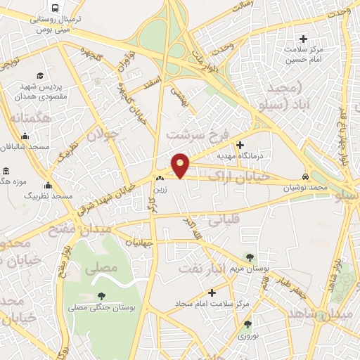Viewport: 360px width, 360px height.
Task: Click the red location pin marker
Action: click(181, 165)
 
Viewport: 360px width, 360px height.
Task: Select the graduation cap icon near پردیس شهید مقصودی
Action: click(41, 75)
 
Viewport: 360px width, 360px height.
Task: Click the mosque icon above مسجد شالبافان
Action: click(25, 136)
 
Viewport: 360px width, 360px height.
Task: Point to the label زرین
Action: click(161, 188)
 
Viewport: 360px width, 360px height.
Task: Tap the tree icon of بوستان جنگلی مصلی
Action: click(102, 296)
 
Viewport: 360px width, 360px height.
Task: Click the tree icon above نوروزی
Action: click(247, 324)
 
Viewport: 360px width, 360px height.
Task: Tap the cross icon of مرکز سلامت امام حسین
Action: click(304, 39)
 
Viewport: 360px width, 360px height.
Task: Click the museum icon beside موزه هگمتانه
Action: click(6, 171)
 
